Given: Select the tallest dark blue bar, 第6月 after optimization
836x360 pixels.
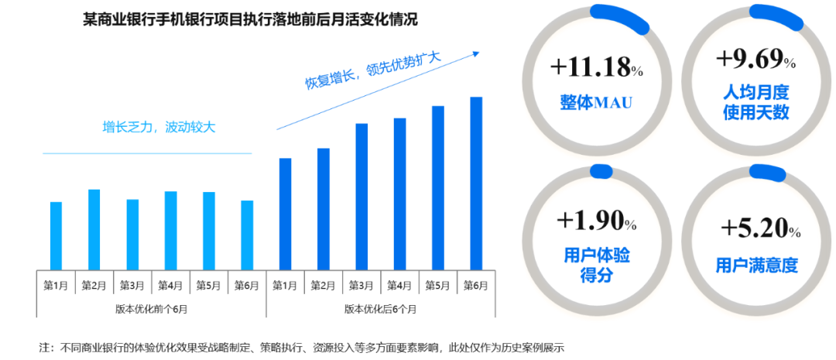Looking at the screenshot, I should click(476, 183).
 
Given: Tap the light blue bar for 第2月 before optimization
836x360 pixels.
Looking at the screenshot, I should click(94, 228).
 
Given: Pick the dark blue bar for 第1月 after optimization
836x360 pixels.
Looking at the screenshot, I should click(285, 213).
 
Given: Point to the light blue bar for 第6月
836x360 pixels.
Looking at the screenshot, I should click(247, 234).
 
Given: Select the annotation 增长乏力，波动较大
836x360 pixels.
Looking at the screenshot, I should click(159, 128).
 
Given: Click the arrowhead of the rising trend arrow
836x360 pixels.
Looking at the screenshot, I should click(475, 53).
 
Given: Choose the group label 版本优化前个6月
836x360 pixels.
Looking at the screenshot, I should click(151, 308).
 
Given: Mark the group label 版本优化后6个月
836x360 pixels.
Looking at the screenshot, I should click(380, 308).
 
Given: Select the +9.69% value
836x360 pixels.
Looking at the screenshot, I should click(755, 59).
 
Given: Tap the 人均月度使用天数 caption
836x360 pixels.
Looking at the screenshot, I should click(755, 103).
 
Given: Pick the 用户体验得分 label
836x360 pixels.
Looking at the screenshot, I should click(596, 264).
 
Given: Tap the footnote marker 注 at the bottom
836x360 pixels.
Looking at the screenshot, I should click(45, 346).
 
